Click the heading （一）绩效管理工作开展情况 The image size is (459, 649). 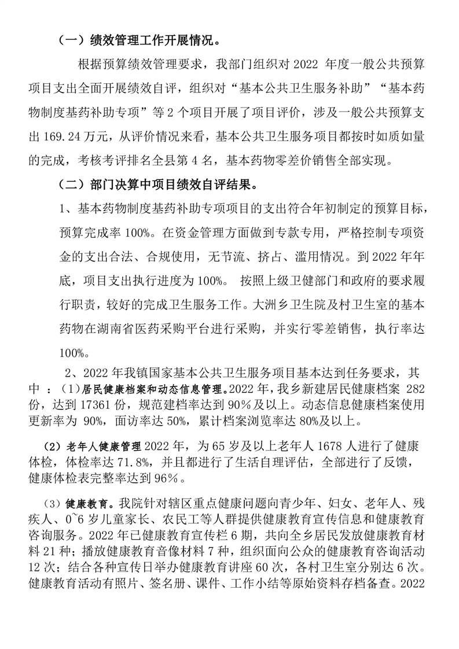(138, 41)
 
